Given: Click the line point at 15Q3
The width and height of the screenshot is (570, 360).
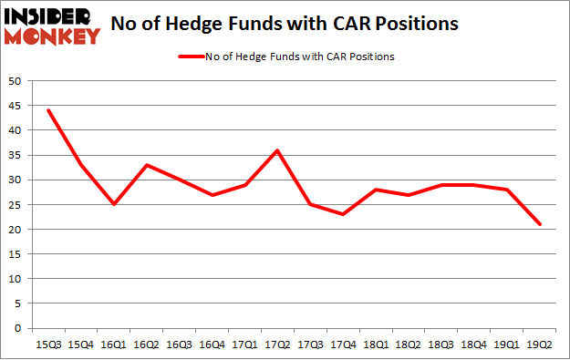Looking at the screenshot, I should click(47, 110).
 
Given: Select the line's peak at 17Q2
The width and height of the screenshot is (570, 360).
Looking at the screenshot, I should click(278, 150).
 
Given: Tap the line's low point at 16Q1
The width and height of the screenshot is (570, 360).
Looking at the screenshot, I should click(113, 204).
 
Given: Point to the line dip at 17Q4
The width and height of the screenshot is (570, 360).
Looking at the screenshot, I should click(343, 214).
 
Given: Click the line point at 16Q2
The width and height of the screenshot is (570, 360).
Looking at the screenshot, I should click(147, 165).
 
